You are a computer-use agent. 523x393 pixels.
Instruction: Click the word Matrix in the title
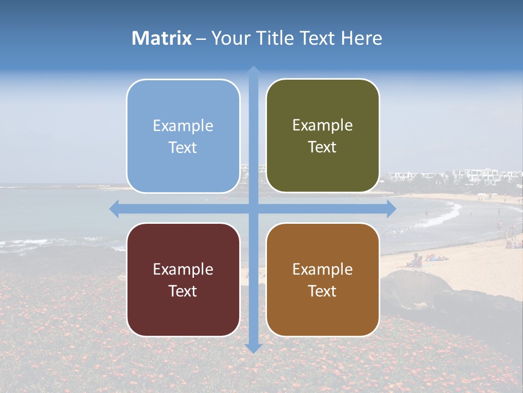point(162,38)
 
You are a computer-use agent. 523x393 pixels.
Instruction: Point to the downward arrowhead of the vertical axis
point(253,348)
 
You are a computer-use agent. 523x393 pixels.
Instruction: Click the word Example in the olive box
point(323,126)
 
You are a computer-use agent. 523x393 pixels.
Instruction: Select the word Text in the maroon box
point(183,291)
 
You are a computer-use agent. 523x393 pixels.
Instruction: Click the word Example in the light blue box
point(183,126)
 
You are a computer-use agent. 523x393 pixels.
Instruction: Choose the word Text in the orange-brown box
point(323,291)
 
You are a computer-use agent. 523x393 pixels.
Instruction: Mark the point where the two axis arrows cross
point(253,209)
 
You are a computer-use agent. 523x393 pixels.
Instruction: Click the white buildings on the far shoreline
point(479,176)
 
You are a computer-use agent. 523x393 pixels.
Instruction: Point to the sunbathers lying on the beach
point(428,260)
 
